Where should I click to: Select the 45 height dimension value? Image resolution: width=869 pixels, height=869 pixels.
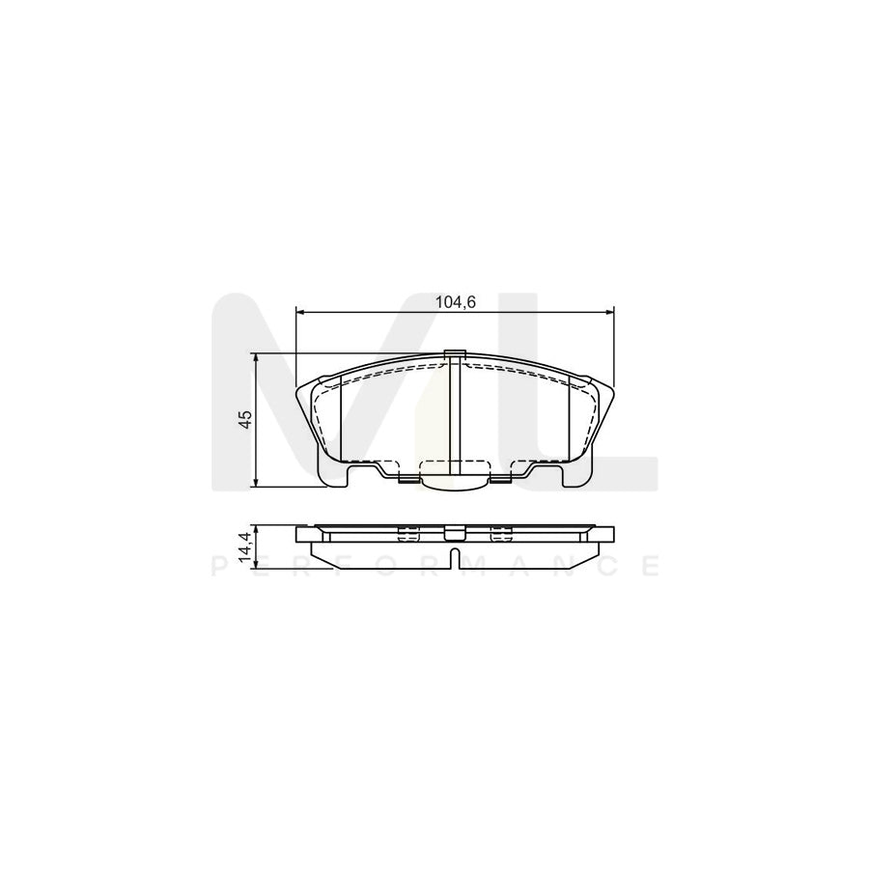(x=246, y=418)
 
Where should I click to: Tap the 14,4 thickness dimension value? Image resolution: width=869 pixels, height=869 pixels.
(x=246, y=547)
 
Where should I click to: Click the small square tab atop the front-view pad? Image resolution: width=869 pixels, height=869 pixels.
(x=454, y=352)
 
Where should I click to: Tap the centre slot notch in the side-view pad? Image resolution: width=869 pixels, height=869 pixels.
(x=454, y=557)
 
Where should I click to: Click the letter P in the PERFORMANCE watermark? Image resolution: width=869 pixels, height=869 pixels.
(x=216, y=567)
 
